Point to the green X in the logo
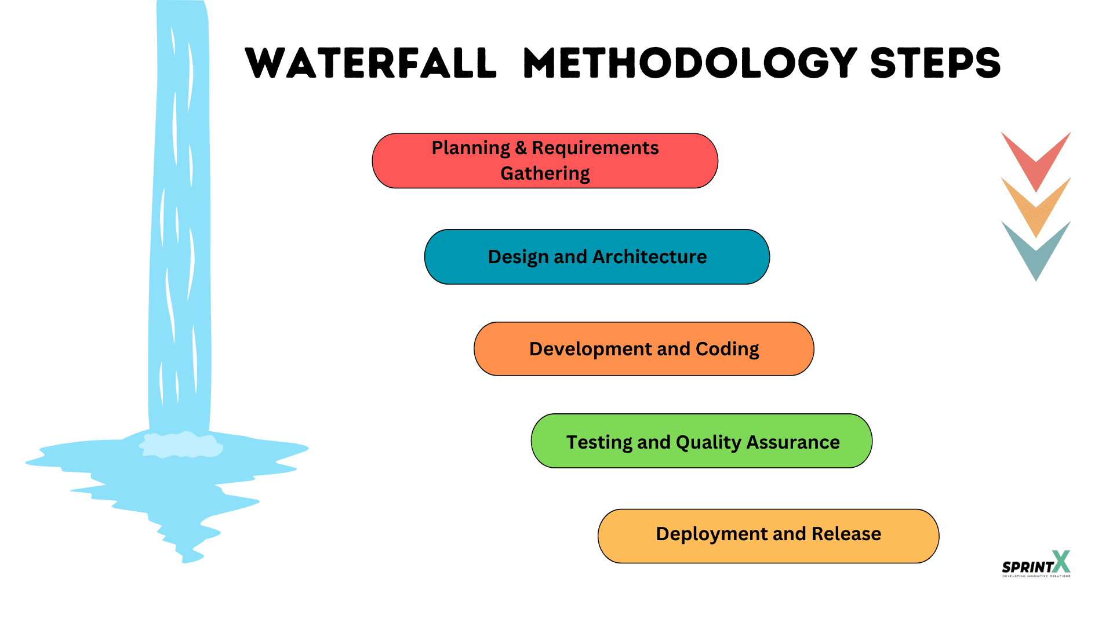(1061, 561)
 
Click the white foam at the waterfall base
(181, 445)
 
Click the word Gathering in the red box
(545, 173)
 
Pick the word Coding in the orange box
(727, 349)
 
